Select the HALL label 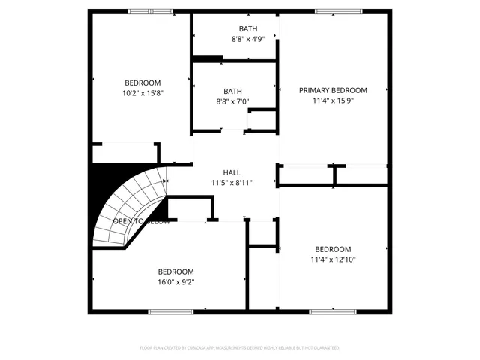click(x=232, y=172)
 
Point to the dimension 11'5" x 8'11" click(x=232, y=182)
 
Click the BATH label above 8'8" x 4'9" click(x=248, y=29)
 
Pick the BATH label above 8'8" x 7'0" click(x=232, y=91)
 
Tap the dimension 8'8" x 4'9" click(x=248, y=39)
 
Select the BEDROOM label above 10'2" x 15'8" click(x=142, y=82)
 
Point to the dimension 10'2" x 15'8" click(x=142, y=93)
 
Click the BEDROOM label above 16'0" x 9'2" click(x=175, y=271)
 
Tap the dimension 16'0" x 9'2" click(x=175, y=282)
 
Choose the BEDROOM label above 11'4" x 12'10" click(x=333, y=249)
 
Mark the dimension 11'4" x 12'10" click(x=333, y=259)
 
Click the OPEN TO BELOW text click(x=141, y=222)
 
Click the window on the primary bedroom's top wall click(x=330, y=11)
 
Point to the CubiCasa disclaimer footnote click(x=240, y=348)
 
